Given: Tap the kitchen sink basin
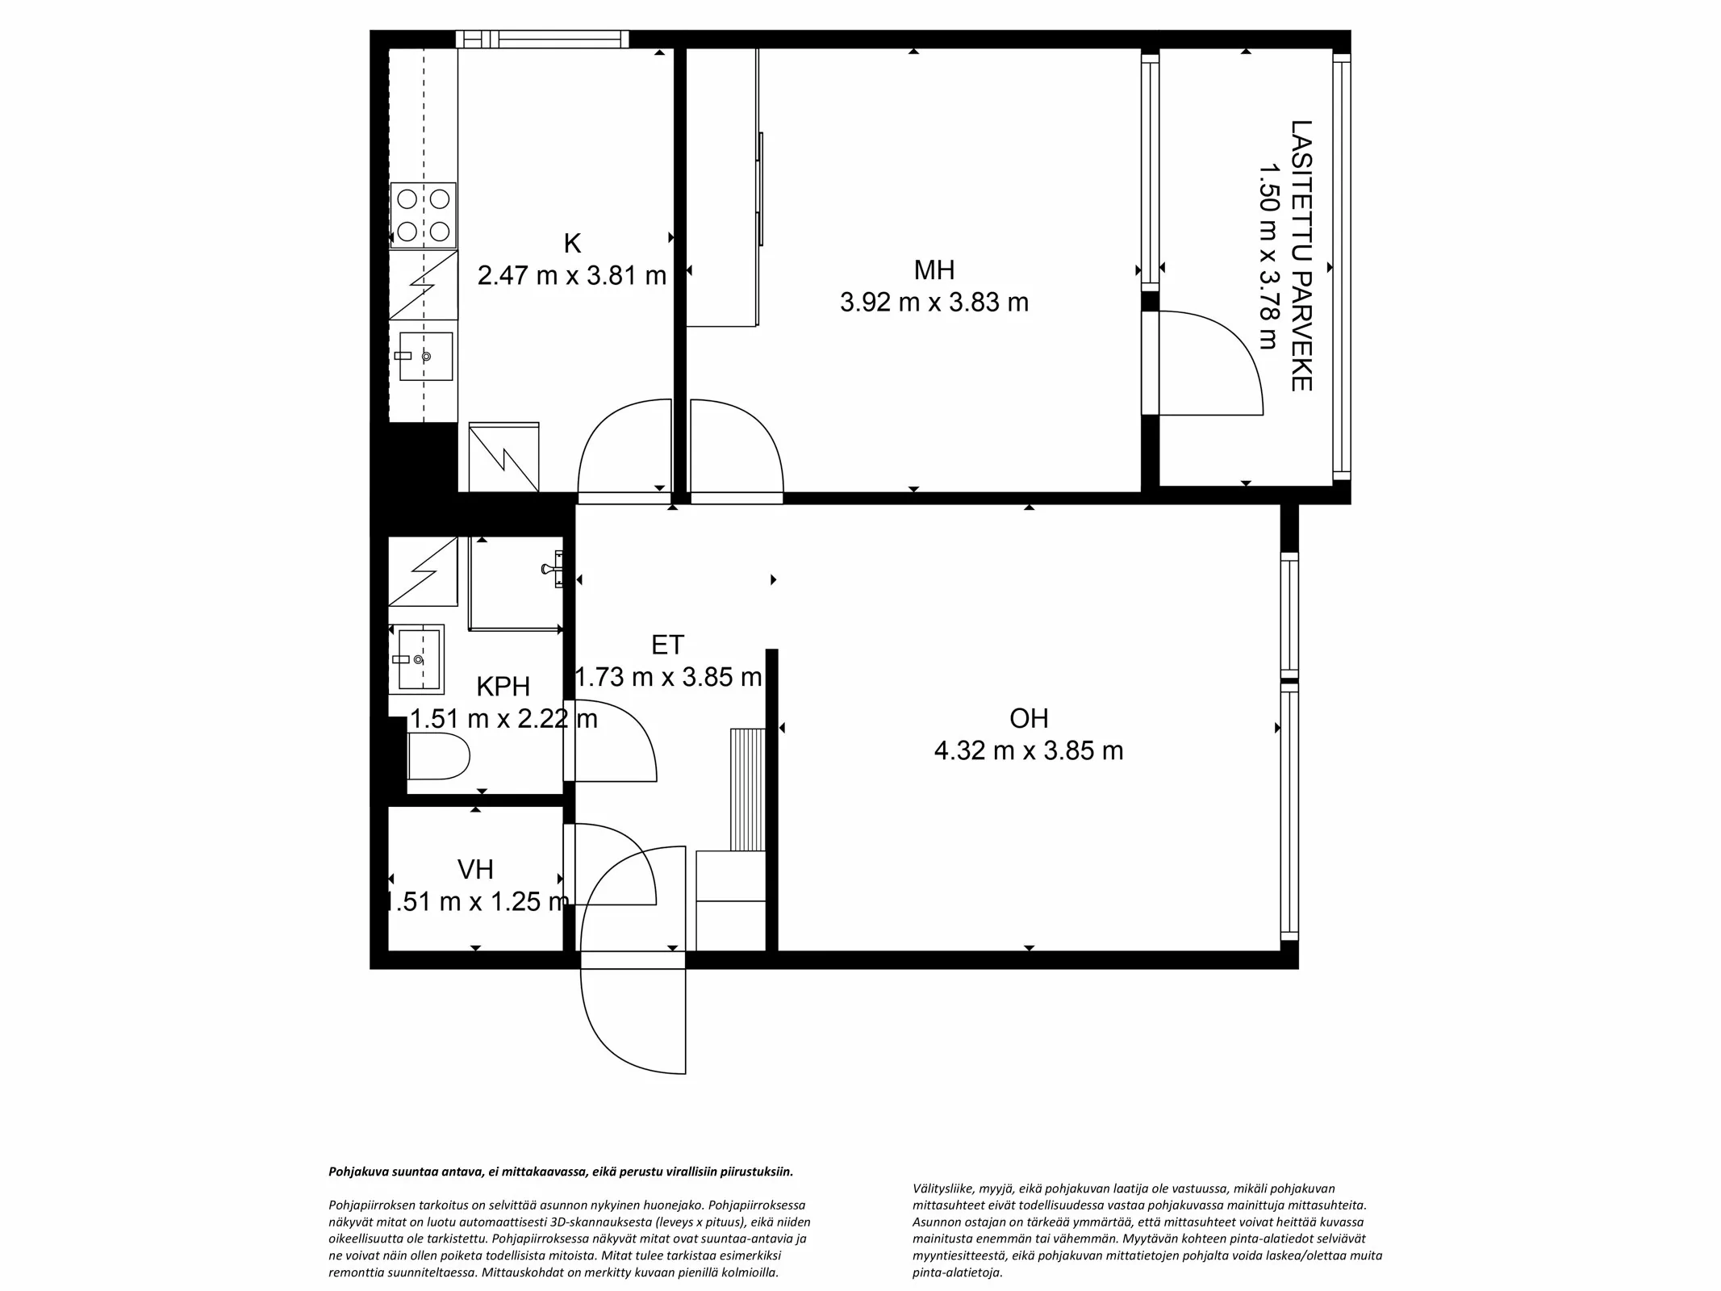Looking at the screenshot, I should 426,356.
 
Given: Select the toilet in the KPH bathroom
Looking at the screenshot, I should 439,755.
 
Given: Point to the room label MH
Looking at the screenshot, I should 934,269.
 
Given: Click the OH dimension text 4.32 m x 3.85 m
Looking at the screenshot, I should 1029,751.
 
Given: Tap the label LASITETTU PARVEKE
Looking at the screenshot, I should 1301,256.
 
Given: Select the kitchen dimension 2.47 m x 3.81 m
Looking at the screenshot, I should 571,276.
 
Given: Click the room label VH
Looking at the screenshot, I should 475,869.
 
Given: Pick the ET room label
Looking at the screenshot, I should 668,645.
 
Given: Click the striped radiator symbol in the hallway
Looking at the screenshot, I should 748,789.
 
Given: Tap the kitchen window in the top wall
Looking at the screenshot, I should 542,39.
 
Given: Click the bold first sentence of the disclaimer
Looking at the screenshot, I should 561,1172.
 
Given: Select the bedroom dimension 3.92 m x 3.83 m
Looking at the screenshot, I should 934,303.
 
